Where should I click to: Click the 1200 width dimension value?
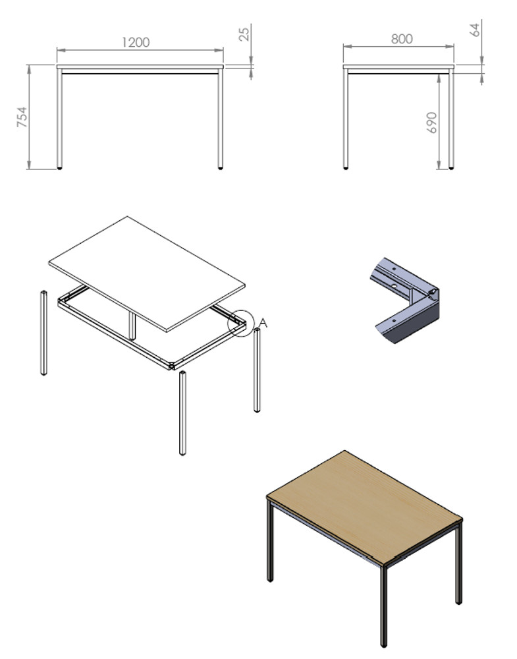(x=136, y=42)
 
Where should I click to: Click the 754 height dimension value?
(x=22, y=117)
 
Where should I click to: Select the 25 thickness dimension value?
(x=244, y=33)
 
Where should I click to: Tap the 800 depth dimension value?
(x=402, y=39)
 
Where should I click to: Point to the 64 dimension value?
(x=475, y=30)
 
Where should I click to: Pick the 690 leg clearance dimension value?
(x=432, y=123)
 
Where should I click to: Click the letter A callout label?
(x=263, y=323)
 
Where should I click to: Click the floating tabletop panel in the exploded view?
(x=147, y=273)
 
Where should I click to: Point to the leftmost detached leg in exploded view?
(x=43, y=332)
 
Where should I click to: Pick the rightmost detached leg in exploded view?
(x=257, y=370)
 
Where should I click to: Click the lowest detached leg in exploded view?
(x=182, y=413)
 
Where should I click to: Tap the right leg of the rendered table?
(x=458, y=563)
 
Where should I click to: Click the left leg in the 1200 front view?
(x=59, y=119)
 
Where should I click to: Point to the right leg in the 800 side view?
(x=451, y=119)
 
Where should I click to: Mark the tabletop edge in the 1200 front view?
(x=140, y=67)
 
